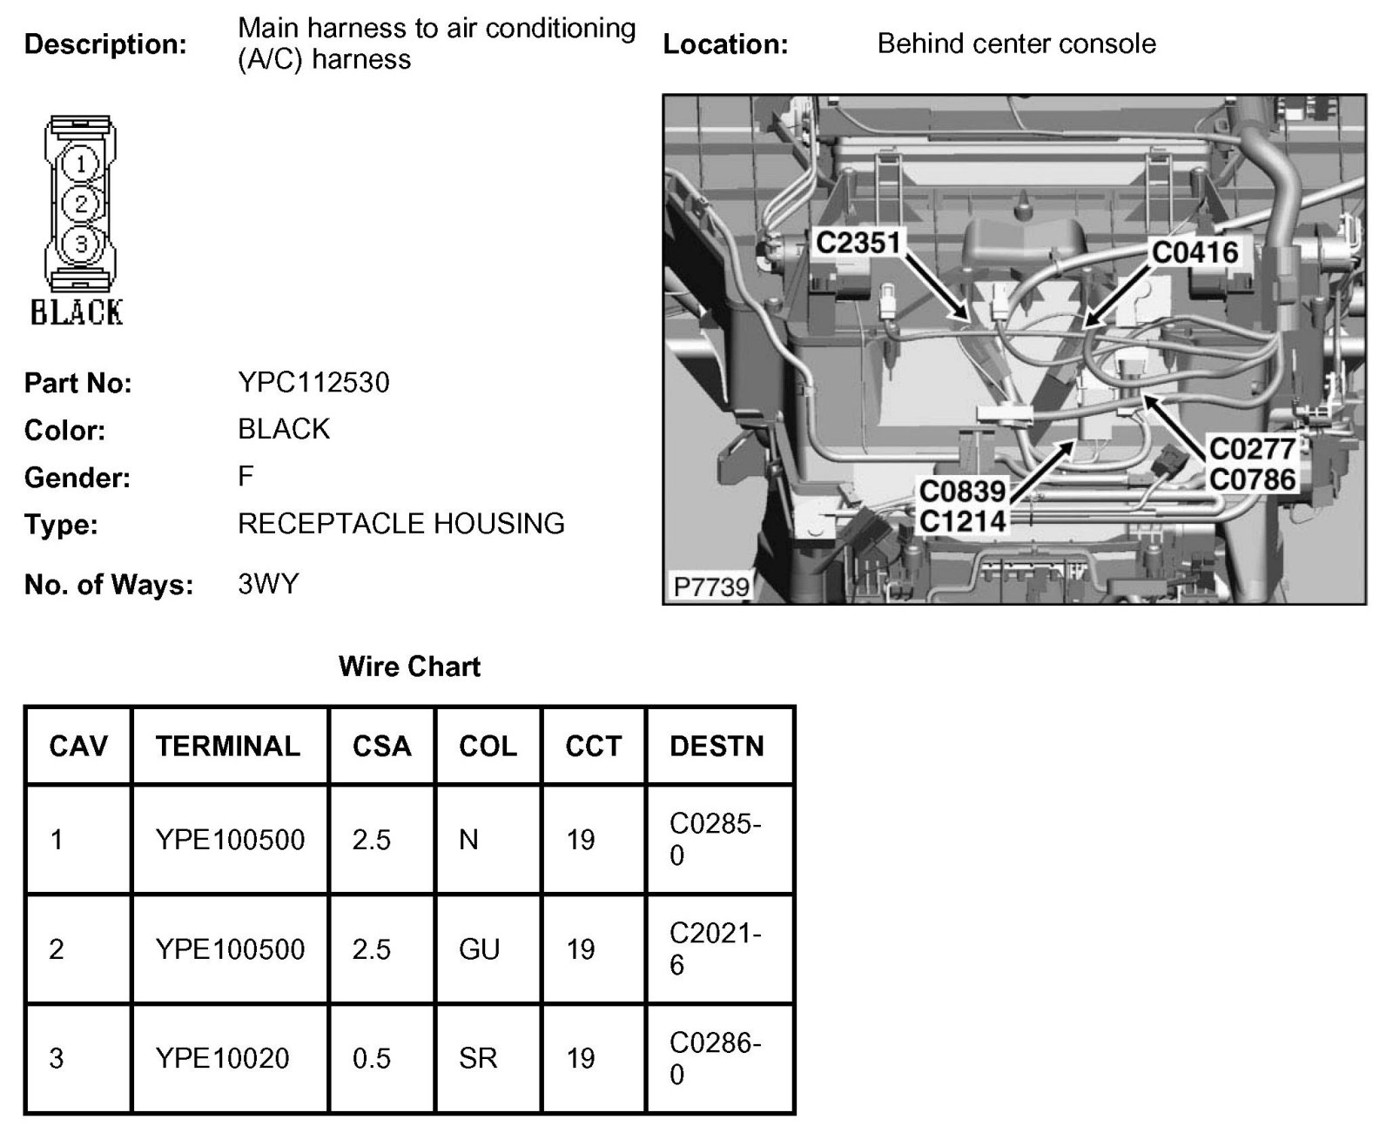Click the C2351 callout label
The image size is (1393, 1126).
[857, 243]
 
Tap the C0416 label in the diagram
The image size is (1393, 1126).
[1194, 252]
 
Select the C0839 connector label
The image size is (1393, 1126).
[962, 492]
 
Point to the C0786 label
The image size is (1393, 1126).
[1252, 479]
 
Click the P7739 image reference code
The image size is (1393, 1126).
[711, 586]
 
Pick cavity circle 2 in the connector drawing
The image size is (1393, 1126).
[81, 204]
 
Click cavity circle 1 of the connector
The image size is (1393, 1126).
[81, 164]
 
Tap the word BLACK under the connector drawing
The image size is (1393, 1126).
[77, 312]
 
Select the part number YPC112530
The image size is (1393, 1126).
[313, 382]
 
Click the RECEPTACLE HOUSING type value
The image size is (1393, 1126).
[400, 523]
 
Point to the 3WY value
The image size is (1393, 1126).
[267, 583]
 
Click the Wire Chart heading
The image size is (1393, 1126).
[409, 667]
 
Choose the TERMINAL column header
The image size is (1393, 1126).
[228, 746]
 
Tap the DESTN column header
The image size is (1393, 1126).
[717, 746]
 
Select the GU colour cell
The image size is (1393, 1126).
[479, 948]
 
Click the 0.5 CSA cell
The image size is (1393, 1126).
[371, 1058]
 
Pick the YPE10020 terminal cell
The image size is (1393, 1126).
[222, 1058]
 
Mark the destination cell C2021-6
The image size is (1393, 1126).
[715, 948]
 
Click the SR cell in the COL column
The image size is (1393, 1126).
[478, 1058]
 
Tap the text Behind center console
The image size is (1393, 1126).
[1016, 44]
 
